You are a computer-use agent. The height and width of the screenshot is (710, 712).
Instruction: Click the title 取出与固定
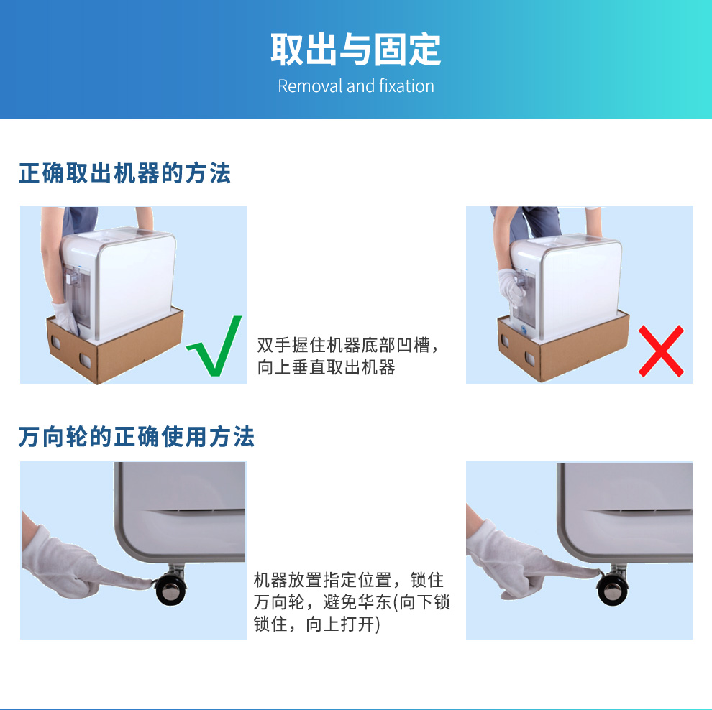pyautogui.click(x=355, y=50)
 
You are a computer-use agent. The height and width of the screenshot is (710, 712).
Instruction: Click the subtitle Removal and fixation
pyautogui.click(x=356, y=86)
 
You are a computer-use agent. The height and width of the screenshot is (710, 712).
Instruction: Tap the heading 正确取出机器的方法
pyautogui.click(x=125, y=173)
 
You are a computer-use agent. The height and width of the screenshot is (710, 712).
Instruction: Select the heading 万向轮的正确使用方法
pyautogui.click(x=137, y=436)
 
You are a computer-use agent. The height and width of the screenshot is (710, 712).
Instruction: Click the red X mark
pyautogui.click(x=661, y=351)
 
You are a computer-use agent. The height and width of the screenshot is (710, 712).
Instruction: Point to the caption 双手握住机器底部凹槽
pyautogui.click(x=344, y=345)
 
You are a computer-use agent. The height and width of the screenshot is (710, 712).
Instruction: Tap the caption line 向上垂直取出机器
pyautogui.click(x=326, y=367)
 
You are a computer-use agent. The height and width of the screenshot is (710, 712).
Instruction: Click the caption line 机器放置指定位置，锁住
pyautogui.click(x=348, y=580)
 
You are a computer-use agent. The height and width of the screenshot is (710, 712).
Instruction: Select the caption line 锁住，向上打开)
pyautogui.click(x=317, y=624)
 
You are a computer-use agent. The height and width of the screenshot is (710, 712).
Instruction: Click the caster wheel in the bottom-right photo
pyautogui.click(x=613, y=589)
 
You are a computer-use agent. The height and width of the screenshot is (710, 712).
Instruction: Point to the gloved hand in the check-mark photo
pyautogui.click(x=65, y=318)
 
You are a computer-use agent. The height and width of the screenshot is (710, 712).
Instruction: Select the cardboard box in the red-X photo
pyautogui.click(x=564, y=346)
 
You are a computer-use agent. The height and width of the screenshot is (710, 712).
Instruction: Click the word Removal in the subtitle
pyautogui.click(x=310, y=86)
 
